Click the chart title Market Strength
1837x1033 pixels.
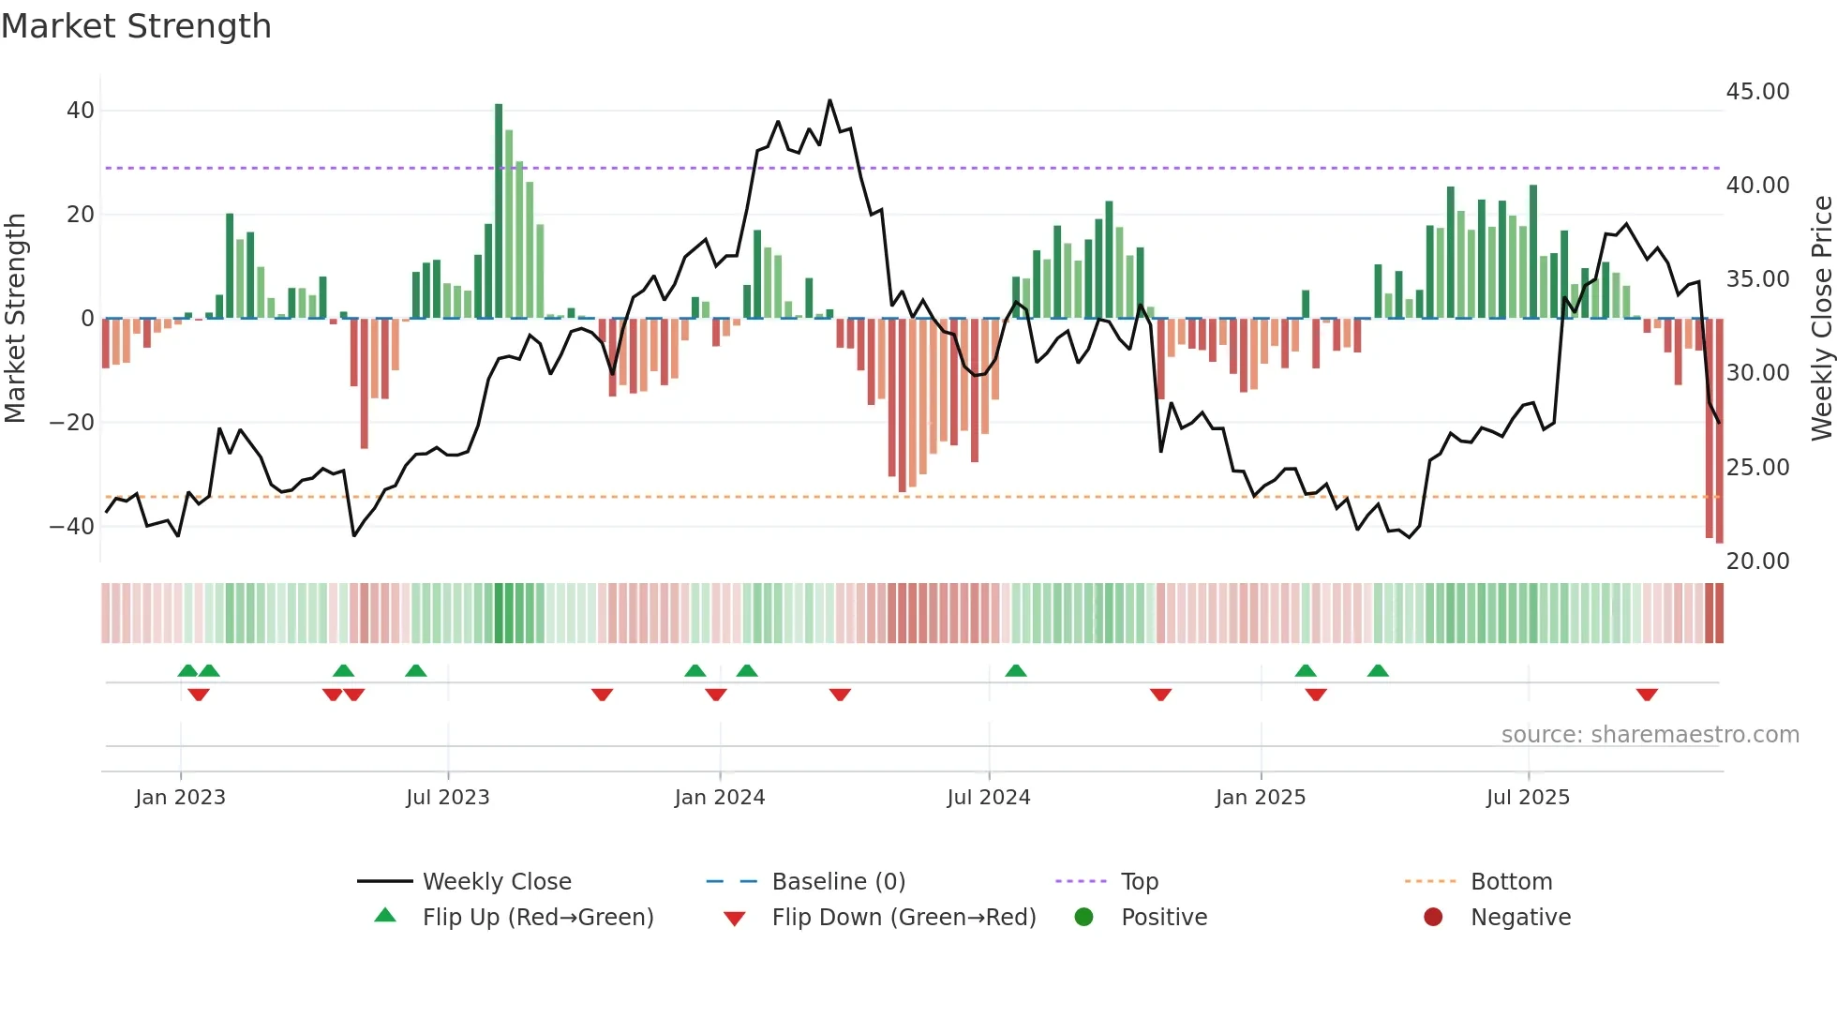click(136, 26)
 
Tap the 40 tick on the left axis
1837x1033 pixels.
click(80, 111)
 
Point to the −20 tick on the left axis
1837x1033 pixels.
click(72, 423)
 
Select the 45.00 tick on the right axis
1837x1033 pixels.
click(1757, 92)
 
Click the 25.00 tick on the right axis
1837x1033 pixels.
click(1757, 467)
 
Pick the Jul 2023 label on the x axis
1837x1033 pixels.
click(448, 798)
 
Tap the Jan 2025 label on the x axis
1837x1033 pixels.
click(1260, 798)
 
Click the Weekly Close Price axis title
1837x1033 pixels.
click(1821, 319)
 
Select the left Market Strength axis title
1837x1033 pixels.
click(15, 319)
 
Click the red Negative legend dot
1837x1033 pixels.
click(1433, 918)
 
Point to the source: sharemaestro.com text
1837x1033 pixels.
click(1650, 735)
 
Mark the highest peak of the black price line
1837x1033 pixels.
click(829, 100)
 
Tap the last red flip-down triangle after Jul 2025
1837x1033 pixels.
click(1647, 695)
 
